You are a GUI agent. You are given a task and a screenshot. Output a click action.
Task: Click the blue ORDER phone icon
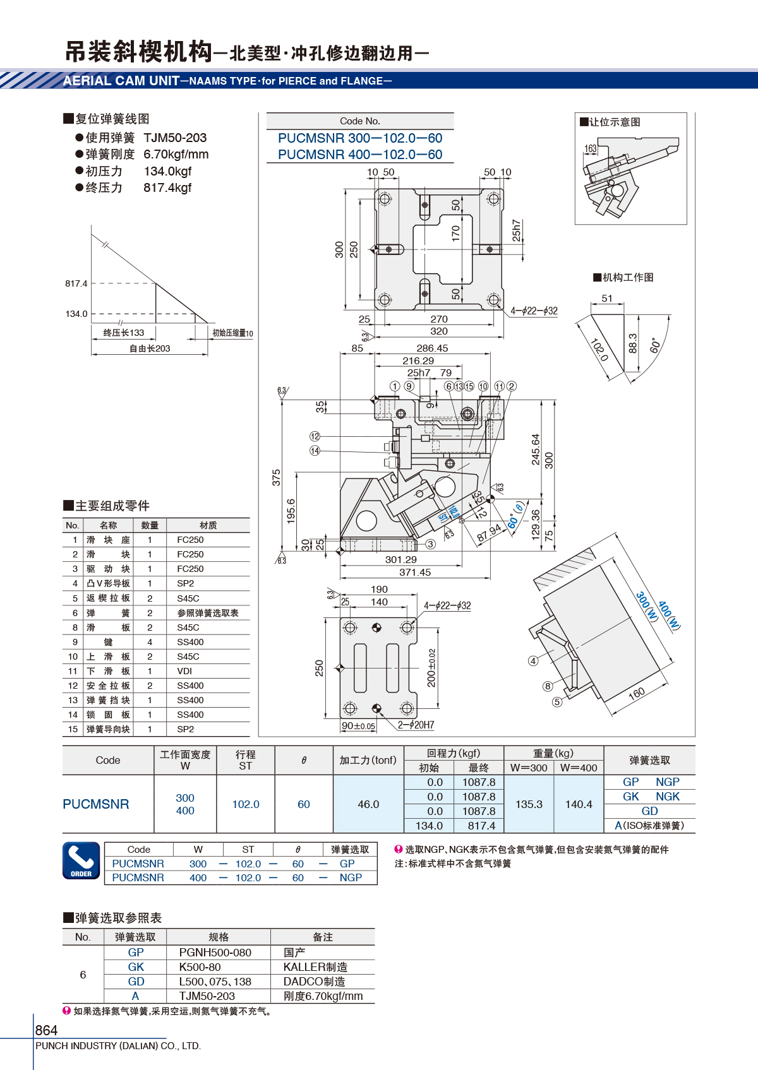(81, 860)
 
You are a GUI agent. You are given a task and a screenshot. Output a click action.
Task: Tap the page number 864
(46, 1030)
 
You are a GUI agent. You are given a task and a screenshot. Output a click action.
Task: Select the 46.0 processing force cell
(368, 804)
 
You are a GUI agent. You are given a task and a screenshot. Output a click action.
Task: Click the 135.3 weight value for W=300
(529, 804)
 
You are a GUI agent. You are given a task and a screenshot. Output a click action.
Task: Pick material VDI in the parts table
(184, 671)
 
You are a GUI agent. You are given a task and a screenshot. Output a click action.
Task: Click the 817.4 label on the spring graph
(76, 283)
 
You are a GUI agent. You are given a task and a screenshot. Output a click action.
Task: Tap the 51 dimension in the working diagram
(606, 298)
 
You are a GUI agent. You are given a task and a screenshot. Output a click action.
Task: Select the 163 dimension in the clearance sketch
(591, 148)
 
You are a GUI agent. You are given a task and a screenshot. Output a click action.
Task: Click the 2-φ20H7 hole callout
(416, 725)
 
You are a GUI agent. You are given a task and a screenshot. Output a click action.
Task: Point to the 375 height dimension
(276, 478)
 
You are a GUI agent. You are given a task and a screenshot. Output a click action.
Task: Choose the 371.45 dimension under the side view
(415, 572)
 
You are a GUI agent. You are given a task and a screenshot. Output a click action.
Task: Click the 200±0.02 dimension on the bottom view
(431, 668)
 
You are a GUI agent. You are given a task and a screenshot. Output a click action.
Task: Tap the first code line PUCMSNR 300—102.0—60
(360, 138)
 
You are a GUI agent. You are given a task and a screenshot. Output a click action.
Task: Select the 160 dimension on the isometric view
(637, 693)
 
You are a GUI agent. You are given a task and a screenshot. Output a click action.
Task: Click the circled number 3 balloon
(430, 544)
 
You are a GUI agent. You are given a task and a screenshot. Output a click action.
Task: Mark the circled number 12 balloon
(315, 436)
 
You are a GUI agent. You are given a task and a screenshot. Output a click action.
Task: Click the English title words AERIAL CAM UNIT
(121, 81)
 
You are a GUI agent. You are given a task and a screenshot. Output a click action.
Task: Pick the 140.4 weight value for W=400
(579, 804)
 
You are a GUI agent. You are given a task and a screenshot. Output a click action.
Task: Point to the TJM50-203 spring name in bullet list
(175, 138)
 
